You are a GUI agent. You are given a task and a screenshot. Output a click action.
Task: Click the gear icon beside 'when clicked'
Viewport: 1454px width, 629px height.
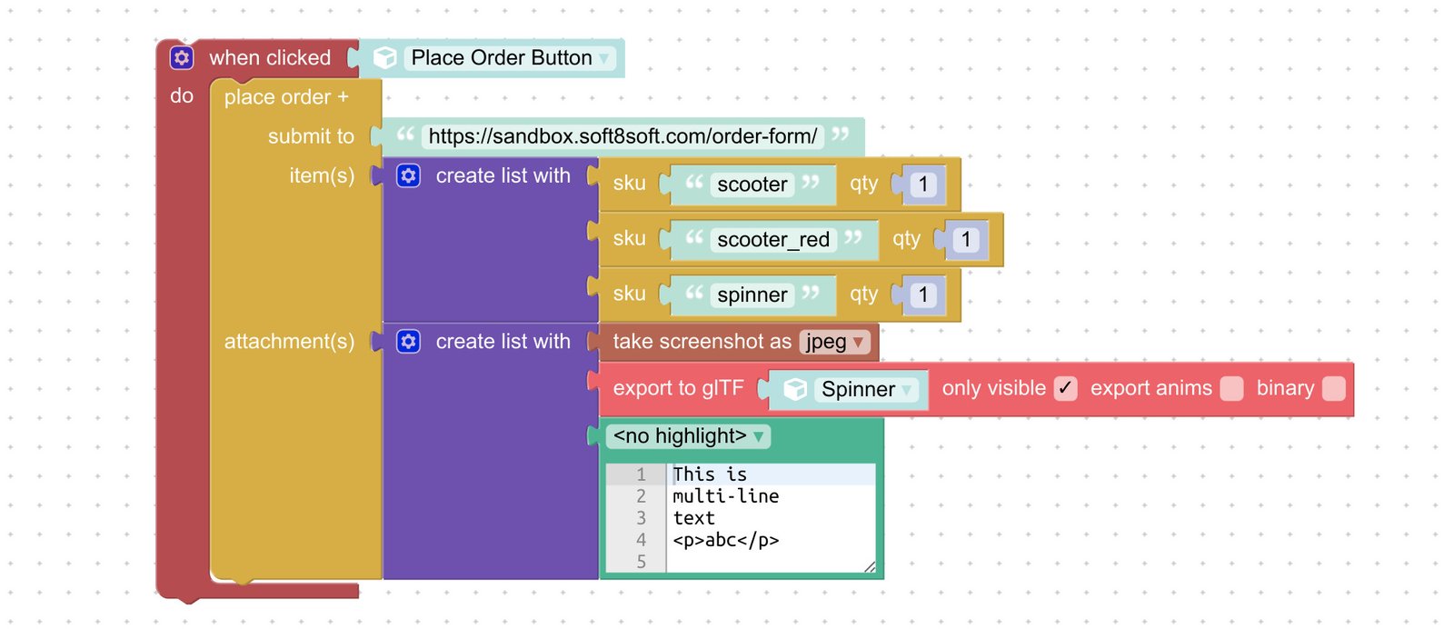tap(182, 58)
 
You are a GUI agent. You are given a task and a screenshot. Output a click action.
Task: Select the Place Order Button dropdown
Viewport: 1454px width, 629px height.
tap(510, 58)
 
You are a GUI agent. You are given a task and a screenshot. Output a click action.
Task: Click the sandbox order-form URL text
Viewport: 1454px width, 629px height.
tap(622, 136)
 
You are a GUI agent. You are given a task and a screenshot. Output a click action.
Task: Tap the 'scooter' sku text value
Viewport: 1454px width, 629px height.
tap(752, 185)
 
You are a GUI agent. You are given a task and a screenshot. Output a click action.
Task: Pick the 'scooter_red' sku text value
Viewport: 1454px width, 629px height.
tap(772, 240)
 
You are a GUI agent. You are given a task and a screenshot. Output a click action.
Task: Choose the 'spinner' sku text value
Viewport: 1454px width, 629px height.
tap(752, 295)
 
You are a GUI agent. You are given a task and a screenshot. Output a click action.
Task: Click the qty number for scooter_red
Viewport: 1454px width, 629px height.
tap(965, 240)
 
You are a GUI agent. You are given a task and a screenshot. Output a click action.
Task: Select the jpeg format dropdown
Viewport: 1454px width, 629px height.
tap(834, 342)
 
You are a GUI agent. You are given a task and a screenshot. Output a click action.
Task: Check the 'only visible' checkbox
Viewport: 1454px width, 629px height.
tap(1065, 389)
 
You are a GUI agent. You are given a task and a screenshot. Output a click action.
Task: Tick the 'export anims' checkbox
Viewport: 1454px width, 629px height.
tap(1231, 389)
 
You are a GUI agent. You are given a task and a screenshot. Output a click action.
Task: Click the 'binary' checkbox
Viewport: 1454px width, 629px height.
tap(1333, 389)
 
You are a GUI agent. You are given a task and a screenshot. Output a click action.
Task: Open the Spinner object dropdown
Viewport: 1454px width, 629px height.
tap(866, 390)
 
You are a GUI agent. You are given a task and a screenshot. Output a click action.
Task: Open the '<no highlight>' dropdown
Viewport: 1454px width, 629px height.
tap(688, 436)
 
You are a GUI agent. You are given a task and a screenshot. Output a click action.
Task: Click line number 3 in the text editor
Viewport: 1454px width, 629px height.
tap(641, 518)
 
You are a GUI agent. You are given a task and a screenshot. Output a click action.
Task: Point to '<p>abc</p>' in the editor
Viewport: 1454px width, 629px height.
tap(725, 540)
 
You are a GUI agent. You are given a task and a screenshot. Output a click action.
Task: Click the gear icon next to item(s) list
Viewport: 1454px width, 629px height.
tap(409, 175)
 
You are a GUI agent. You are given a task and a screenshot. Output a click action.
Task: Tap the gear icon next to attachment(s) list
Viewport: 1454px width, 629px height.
tap(409, 342)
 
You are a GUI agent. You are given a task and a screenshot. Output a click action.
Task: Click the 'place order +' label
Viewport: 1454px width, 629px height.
tap(285, 97)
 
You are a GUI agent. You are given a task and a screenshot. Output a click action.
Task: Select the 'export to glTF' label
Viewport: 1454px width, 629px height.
tap(678, 389)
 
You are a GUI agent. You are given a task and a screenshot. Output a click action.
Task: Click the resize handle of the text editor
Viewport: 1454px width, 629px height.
tap(870, 566)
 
